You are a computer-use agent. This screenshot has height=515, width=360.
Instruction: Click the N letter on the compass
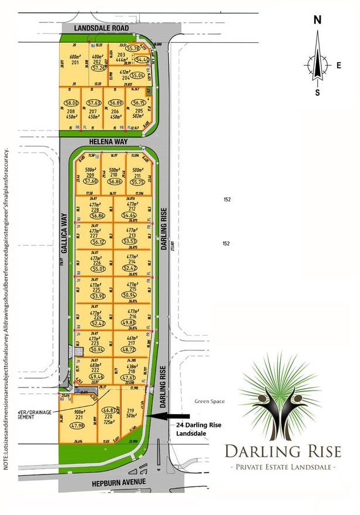click(318, 19)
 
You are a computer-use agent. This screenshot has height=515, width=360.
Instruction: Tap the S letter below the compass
click(318, 92)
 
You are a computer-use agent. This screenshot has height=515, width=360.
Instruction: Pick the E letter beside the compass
click(339, 65)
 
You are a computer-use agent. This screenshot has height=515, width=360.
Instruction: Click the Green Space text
click(209, 402)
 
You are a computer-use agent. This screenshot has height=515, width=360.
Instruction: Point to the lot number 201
click(75, 62)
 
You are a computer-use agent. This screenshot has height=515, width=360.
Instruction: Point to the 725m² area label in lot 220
click(109, 422)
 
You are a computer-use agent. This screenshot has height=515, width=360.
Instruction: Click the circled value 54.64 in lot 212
click(130, 216)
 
